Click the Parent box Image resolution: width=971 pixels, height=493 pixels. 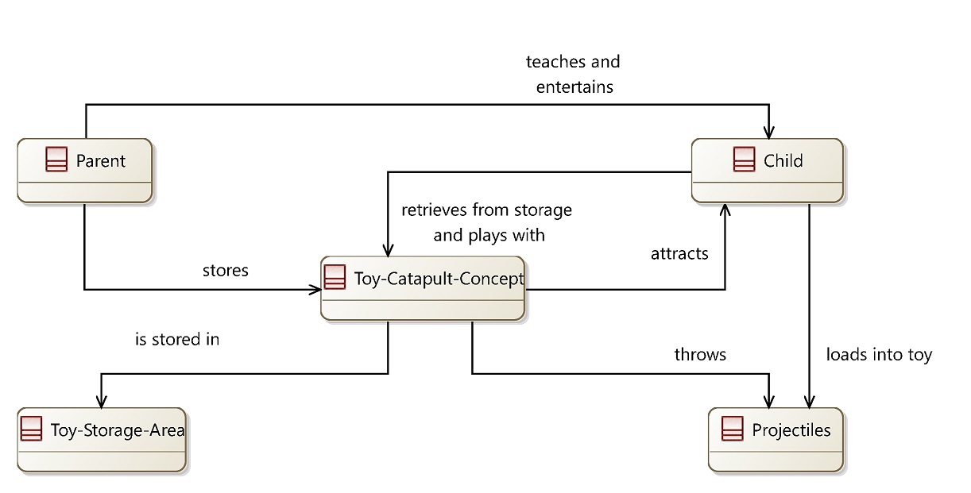point(84,171)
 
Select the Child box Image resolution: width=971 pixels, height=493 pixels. point(767,171)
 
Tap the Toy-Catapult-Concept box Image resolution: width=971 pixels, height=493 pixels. point(423,288)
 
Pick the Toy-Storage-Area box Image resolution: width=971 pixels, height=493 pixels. point(103,440)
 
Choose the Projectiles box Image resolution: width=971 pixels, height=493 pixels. point(776,440)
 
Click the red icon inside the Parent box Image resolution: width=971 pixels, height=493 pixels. point(56,160)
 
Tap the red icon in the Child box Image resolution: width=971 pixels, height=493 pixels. point(744,160)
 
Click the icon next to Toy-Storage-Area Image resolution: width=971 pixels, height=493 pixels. point(31,429)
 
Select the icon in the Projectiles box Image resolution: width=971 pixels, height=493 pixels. point(732,429)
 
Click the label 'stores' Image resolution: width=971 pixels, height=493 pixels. point(226,271)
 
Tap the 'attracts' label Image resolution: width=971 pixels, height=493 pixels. point(679,254)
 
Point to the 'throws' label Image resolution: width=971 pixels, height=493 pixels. point(700,354)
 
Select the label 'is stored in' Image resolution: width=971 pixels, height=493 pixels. point(177,339)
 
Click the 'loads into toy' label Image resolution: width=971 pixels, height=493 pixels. point(879,354)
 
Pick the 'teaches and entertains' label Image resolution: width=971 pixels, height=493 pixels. point(574,74)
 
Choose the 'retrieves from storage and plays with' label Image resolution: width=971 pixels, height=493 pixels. point(486,222)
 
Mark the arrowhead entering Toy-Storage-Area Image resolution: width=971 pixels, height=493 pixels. point(101,401)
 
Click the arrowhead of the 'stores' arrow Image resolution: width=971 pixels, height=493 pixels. point(315,290)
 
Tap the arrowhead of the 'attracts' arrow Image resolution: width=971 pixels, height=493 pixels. point(725,210)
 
